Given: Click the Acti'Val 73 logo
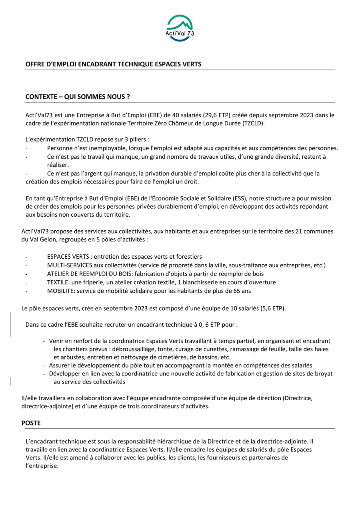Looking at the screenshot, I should [x=180, y=28].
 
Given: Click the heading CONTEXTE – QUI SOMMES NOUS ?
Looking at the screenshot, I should [x=77, y=97].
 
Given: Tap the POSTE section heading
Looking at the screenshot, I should [x=31, y=423].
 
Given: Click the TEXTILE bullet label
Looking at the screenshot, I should [x=58, y=282].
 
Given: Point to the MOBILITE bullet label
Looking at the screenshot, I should [x=61, y=291].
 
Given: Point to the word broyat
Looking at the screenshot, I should [x=324, y=374].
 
